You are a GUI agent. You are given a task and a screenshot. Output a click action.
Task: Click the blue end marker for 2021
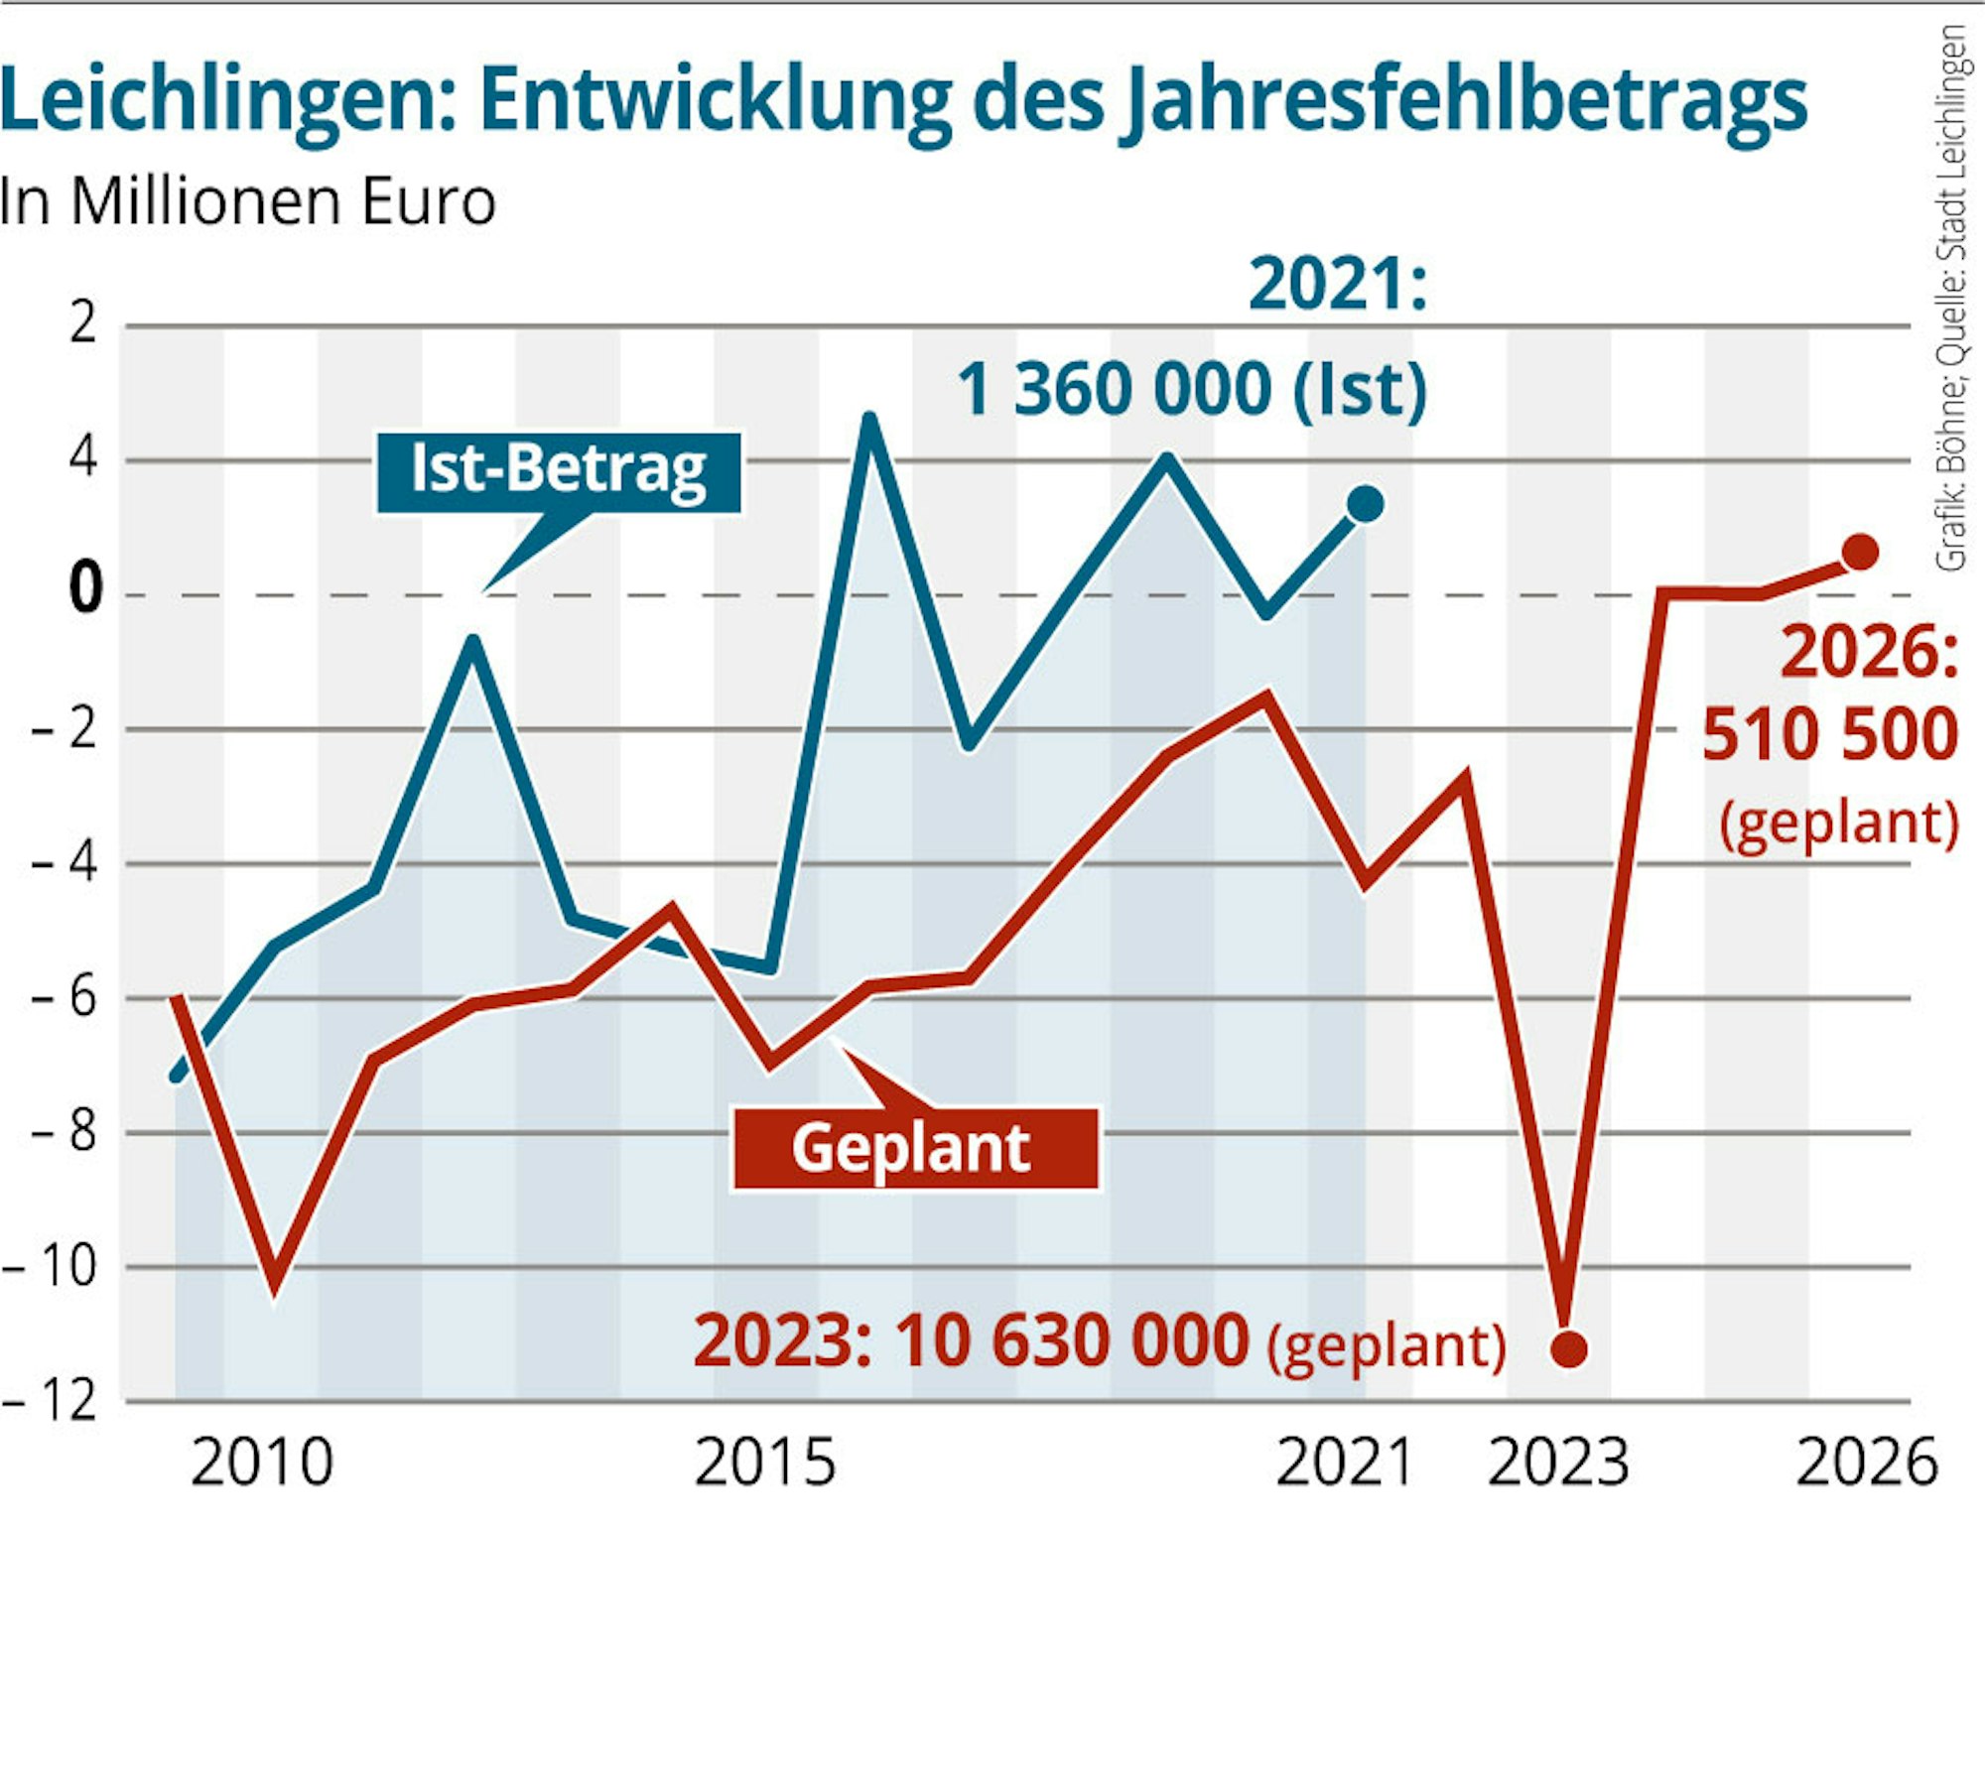1365,504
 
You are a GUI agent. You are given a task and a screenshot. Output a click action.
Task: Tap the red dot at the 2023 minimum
1569,1348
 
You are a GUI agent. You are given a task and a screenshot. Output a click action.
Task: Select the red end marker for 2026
1860,552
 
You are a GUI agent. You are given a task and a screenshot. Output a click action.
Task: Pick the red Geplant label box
915,1149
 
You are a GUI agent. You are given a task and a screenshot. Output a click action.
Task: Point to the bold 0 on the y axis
85,588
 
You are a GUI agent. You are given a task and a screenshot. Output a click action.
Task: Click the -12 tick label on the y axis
52,1401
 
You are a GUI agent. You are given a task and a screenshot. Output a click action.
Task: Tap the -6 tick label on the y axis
65,996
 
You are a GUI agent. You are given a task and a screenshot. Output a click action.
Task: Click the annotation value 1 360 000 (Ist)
1191,388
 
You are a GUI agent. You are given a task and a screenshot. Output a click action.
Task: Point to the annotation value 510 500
1830,734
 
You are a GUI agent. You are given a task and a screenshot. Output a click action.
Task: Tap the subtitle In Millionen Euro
247,201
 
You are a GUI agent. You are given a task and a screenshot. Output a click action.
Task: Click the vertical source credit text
1951,298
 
